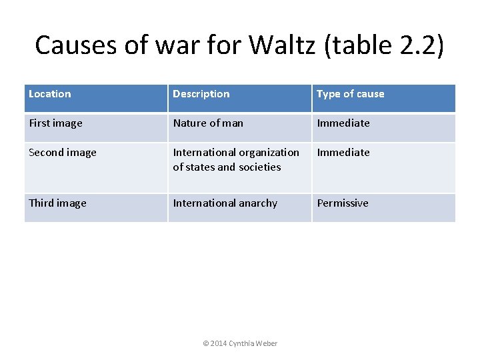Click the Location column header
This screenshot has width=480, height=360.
[50, 94]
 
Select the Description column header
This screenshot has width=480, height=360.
[201, 94]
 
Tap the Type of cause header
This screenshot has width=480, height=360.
[351, 94]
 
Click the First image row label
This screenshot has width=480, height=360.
[56, 123]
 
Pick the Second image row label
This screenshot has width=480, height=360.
[63, 153]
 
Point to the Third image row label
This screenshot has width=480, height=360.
[57, 203]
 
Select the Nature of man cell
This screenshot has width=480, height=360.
[208, 123]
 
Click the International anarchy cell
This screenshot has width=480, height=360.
[225, 203]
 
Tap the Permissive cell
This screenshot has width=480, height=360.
[343, 203]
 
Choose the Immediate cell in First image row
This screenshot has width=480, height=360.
[343, 123]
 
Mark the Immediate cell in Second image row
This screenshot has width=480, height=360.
[343, 153]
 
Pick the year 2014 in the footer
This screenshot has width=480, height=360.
[219, 343]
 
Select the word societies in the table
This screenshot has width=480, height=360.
[257, 167]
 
